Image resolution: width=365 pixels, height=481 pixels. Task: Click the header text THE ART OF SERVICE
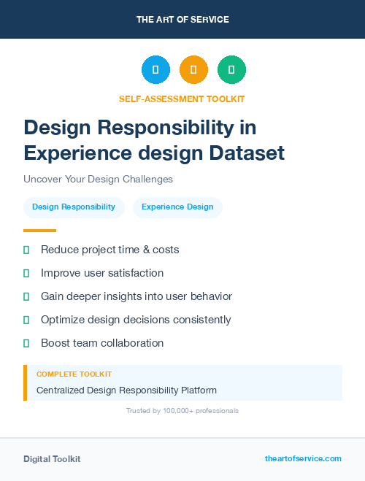182,20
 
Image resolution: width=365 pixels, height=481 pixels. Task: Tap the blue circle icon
155,70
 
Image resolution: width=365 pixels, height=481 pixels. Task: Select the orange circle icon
193,70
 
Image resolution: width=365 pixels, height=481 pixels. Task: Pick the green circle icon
231,70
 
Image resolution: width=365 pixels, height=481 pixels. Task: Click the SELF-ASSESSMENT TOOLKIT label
182,99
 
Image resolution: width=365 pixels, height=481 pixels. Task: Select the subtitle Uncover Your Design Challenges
98,179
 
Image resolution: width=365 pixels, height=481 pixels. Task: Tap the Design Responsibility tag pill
74,207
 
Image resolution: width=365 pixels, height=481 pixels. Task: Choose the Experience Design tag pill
177,207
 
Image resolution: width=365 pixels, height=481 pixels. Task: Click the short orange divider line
39,231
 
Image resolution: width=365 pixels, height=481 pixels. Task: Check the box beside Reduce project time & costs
26,250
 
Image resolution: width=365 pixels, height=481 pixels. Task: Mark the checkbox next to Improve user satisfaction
26,273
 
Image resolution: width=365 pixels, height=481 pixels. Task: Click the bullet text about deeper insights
137,296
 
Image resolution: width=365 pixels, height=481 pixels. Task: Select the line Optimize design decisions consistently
136,320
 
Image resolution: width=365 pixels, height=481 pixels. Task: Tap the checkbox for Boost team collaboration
26,343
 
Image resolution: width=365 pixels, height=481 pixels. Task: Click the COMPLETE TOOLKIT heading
74,374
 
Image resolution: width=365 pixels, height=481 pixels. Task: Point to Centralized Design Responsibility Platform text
126,390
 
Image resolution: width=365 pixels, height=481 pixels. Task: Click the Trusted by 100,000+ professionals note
182,411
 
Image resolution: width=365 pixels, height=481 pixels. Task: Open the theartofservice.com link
303,458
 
